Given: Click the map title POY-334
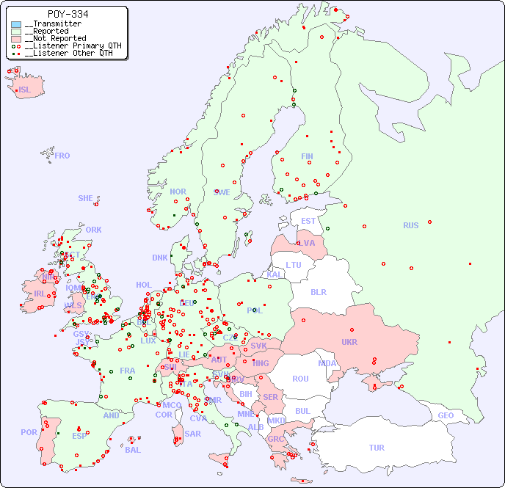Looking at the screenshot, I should click(68, 14).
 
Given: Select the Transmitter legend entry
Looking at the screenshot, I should click(53, 24).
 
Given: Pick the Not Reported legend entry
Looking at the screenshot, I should click(55, 38).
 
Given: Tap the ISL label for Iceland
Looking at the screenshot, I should click(25, 90).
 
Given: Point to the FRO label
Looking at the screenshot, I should click(62, 156).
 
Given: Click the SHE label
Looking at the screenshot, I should click(85, 198).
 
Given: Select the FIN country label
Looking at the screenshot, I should click(307, 156).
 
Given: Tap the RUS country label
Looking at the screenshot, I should click(410, 225).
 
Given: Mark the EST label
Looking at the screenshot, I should click(308, 221).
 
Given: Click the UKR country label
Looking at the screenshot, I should click(349, 342).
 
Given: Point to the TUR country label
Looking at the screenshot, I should click(377, 448).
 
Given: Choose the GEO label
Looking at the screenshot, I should click(446, 415).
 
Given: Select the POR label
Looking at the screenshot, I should click(29, 432).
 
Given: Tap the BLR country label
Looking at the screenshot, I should click(319, 291).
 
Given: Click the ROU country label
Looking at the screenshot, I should click(300, 379).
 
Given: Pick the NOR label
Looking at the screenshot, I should click(178, 192).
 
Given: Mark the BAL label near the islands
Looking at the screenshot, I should click(132, 450).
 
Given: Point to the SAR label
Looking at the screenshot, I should click(192, 433).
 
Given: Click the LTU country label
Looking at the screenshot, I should click(294, 265).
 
